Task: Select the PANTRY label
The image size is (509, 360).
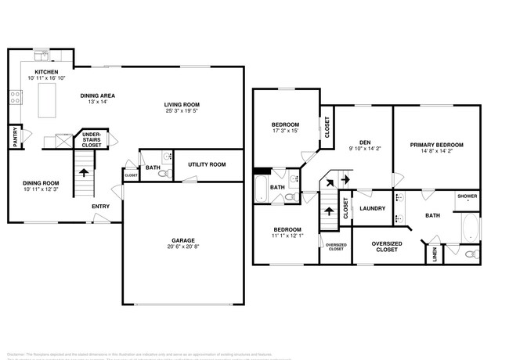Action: [15, 138]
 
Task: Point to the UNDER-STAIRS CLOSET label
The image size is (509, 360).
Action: [92, 140]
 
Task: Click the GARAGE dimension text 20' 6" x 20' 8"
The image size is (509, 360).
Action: [183, 247]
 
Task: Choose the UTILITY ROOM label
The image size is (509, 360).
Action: [207, 164]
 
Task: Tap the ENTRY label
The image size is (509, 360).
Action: [100, 207]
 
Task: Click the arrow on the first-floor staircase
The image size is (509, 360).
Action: [83, 172]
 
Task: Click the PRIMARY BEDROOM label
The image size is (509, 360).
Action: [437, 145]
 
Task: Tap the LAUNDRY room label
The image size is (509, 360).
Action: [372, 208]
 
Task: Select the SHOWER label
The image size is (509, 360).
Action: [467, 196]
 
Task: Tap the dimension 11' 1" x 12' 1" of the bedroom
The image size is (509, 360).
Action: [286, 236]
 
